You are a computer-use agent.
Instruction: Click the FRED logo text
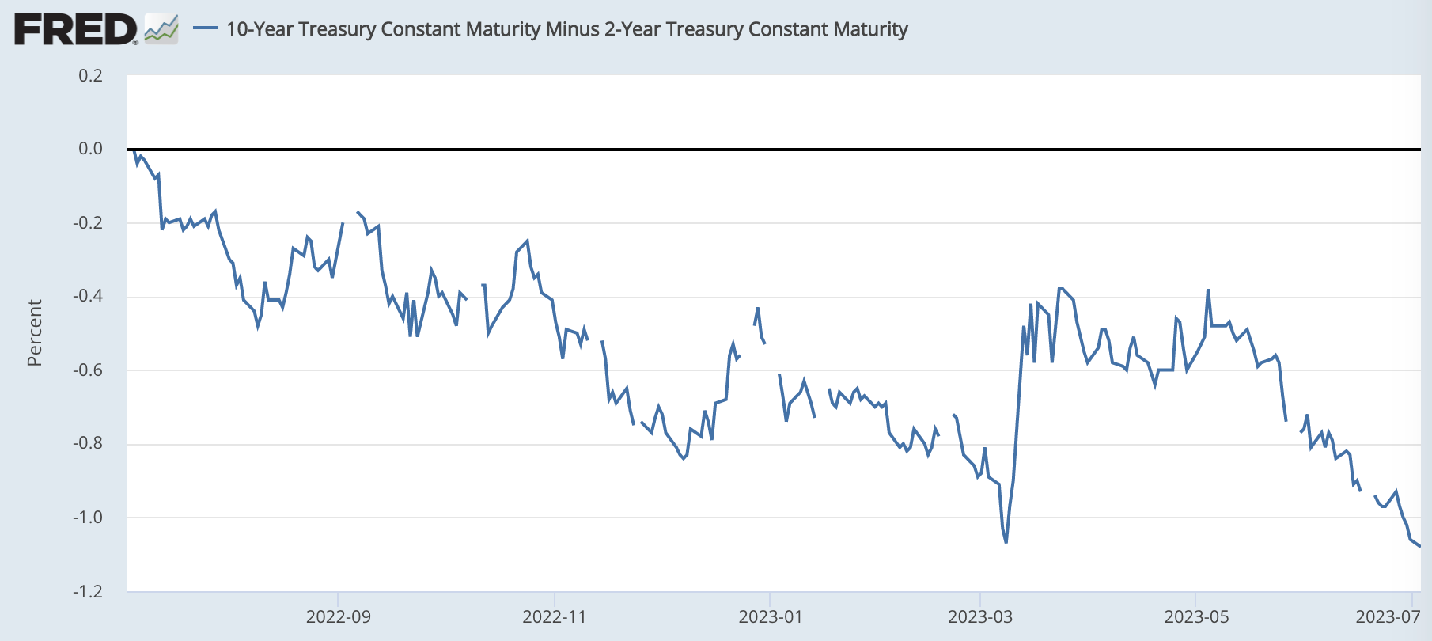[x=75, y=30]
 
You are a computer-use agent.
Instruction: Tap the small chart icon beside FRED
[x=161, y=30]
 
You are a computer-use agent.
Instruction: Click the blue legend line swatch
[x=206, y=29]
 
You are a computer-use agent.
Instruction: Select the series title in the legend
[x=566, y=29]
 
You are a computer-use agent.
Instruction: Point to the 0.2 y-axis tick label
[x=90, y=76]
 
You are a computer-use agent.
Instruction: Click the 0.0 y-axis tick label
[x=90, y=149]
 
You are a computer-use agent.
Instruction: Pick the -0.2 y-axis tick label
[x=88, y=222]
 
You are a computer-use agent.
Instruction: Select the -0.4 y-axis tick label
[x=88, y=296]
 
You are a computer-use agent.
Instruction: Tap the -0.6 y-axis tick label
[x=88, y=370]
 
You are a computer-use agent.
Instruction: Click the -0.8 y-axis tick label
[x=88, y=443]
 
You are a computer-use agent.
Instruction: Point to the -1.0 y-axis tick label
[x=88, y=518]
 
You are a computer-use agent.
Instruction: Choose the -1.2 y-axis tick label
[x=88, y=591]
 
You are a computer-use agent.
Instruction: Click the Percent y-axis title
[x=34, y=332]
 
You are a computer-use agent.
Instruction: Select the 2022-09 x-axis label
[x=338, y=617]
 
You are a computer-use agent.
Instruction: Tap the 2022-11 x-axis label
[x=554, y=617]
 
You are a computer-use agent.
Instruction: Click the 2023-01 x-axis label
[x=770, y=617]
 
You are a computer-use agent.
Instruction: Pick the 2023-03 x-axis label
[x=979, y=617]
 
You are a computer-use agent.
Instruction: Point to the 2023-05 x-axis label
[x=1195, y=617]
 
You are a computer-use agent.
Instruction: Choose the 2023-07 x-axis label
[x=1387, y=617]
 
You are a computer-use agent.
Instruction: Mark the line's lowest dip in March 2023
[x=1006, y=542]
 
